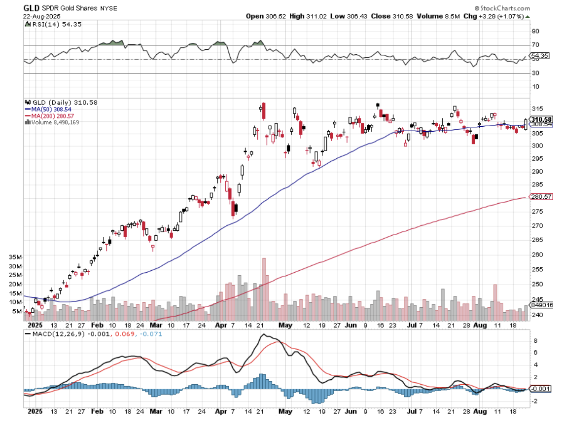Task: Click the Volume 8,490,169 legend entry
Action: (55, 122)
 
